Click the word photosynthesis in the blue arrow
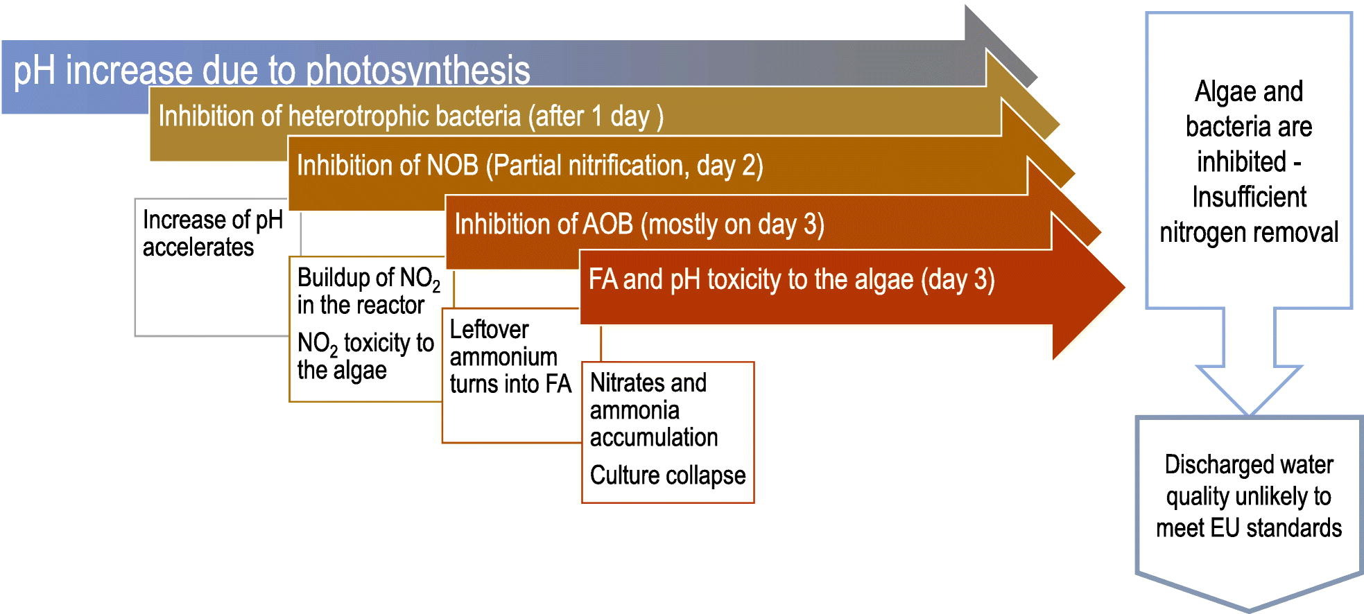[x=417, y=71]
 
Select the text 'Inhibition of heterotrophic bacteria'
[x=340, y=116]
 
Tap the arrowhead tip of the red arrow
[x=1125, y=286]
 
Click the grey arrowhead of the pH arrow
[x=1001, y=46]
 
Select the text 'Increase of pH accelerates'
[x=212, y=234]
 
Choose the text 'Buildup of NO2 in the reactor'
[x=368, y=291]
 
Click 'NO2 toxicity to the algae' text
[x=365, y=356]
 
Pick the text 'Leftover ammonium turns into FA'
[x=510, y=356]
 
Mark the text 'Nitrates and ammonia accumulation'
[x=653, y=410]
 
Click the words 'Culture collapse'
[x=668, y=475]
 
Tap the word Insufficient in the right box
[x=1249, y=198]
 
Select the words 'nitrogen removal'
[x=1249, y=233]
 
